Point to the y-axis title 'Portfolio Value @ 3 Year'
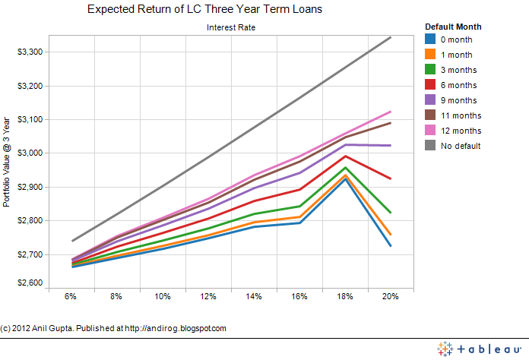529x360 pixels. pyautogui.click(x=7, y=162)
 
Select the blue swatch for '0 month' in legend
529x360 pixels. pyautogui.click(x=430, y=39)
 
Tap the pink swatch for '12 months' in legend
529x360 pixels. pyautogui.click(x=430, y=131)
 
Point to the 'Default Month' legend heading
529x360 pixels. pyautogui.click(x=452, y=27)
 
